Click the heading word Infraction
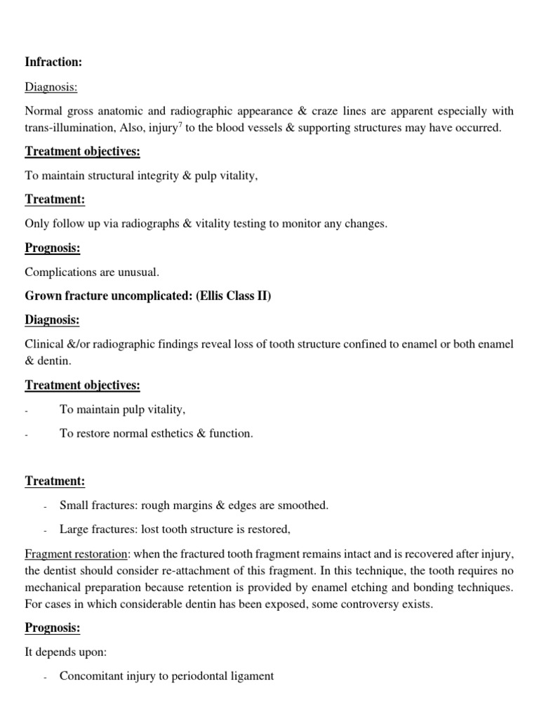[53, 62]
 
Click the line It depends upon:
[66, 652]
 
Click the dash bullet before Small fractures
[45, 506]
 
